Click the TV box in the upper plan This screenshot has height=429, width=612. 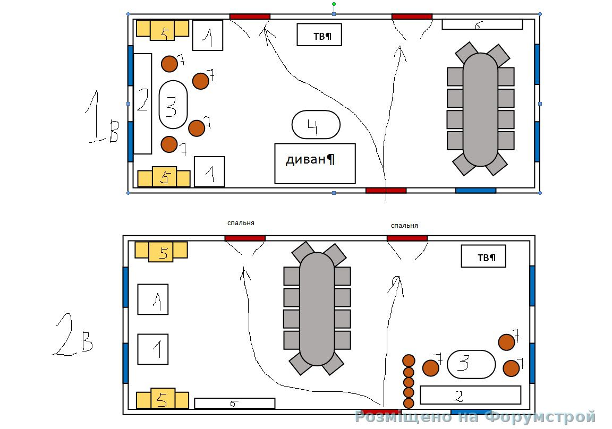pos(319,35)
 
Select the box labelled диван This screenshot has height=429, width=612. pos(314,164)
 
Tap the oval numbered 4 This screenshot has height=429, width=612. pos(316,125)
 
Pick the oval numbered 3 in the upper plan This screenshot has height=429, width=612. pos(173,105)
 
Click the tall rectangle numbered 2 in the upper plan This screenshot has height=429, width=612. pos(142,104)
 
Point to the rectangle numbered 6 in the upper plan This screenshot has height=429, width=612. pos(482,24)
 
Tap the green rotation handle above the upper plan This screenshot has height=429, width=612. pos(334,4)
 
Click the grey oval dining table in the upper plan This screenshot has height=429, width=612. pos(480,109)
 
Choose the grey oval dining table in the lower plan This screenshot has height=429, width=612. pos(317,309)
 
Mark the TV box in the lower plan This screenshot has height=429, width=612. pos(483,256)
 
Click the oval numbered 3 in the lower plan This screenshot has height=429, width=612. pos(471,364)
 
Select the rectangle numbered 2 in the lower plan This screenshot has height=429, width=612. pos(470,395)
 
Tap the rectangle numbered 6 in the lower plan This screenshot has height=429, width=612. pos(234,404)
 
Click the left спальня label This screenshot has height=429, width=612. pos(244,223)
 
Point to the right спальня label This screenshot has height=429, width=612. pos(404,226)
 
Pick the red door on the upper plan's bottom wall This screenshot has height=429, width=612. pos(386,190)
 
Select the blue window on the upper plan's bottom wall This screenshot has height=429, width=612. pos(475,190)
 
